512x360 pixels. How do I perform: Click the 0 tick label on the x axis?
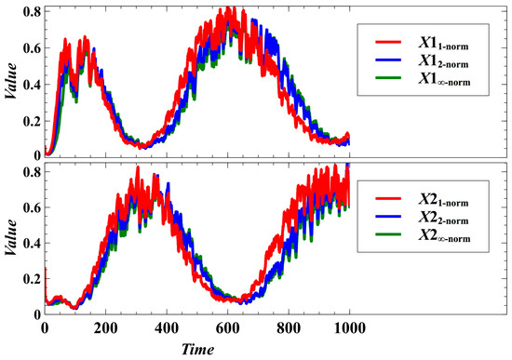pyautogui.click(x=45, y=329)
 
